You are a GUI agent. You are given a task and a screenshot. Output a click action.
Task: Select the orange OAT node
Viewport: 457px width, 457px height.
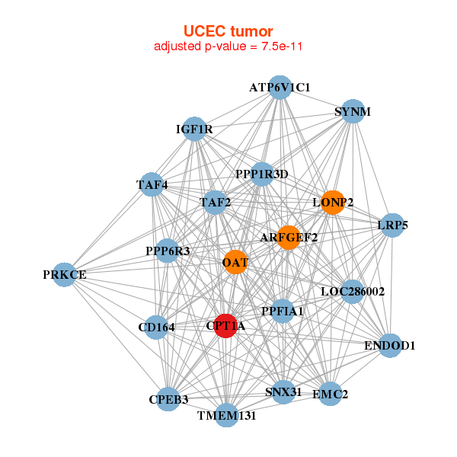235,262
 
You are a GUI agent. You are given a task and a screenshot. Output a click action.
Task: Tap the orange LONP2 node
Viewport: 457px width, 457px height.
333,202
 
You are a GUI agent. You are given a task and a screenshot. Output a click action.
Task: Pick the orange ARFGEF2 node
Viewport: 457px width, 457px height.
289,237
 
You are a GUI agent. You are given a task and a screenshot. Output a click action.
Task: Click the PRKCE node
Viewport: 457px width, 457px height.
65,274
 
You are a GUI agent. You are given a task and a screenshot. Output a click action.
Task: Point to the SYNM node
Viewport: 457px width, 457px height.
352,111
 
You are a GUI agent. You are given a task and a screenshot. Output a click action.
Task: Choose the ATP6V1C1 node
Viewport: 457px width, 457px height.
280,87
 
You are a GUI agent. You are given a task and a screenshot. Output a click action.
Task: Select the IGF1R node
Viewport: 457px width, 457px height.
194,129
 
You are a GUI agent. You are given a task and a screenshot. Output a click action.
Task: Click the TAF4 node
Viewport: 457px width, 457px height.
152,184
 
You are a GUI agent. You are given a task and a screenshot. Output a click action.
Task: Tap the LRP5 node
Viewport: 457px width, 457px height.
392,225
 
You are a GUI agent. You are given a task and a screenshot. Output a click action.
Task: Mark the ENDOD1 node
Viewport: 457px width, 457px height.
389,345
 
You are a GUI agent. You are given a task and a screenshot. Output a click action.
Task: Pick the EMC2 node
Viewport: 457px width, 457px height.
330,394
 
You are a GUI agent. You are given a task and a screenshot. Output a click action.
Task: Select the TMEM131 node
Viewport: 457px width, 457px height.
226,415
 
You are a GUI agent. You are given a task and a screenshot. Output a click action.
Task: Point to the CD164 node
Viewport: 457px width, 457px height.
156,328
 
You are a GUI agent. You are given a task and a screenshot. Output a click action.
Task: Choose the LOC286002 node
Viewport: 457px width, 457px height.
352,291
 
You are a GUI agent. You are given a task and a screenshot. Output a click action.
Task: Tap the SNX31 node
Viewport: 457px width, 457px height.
283,392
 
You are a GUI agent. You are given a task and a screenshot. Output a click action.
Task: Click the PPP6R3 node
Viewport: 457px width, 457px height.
168,251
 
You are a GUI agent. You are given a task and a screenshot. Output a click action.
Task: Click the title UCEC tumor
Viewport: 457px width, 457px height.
228,30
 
